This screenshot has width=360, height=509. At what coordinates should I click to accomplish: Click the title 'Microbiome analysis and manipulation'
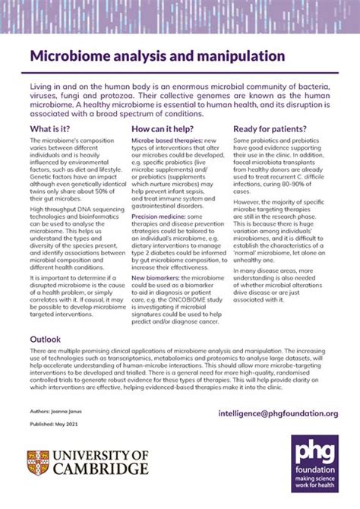pos(157,56)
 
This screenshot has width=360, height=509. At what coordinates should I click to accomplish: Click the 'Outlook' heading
pos(46,338)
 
